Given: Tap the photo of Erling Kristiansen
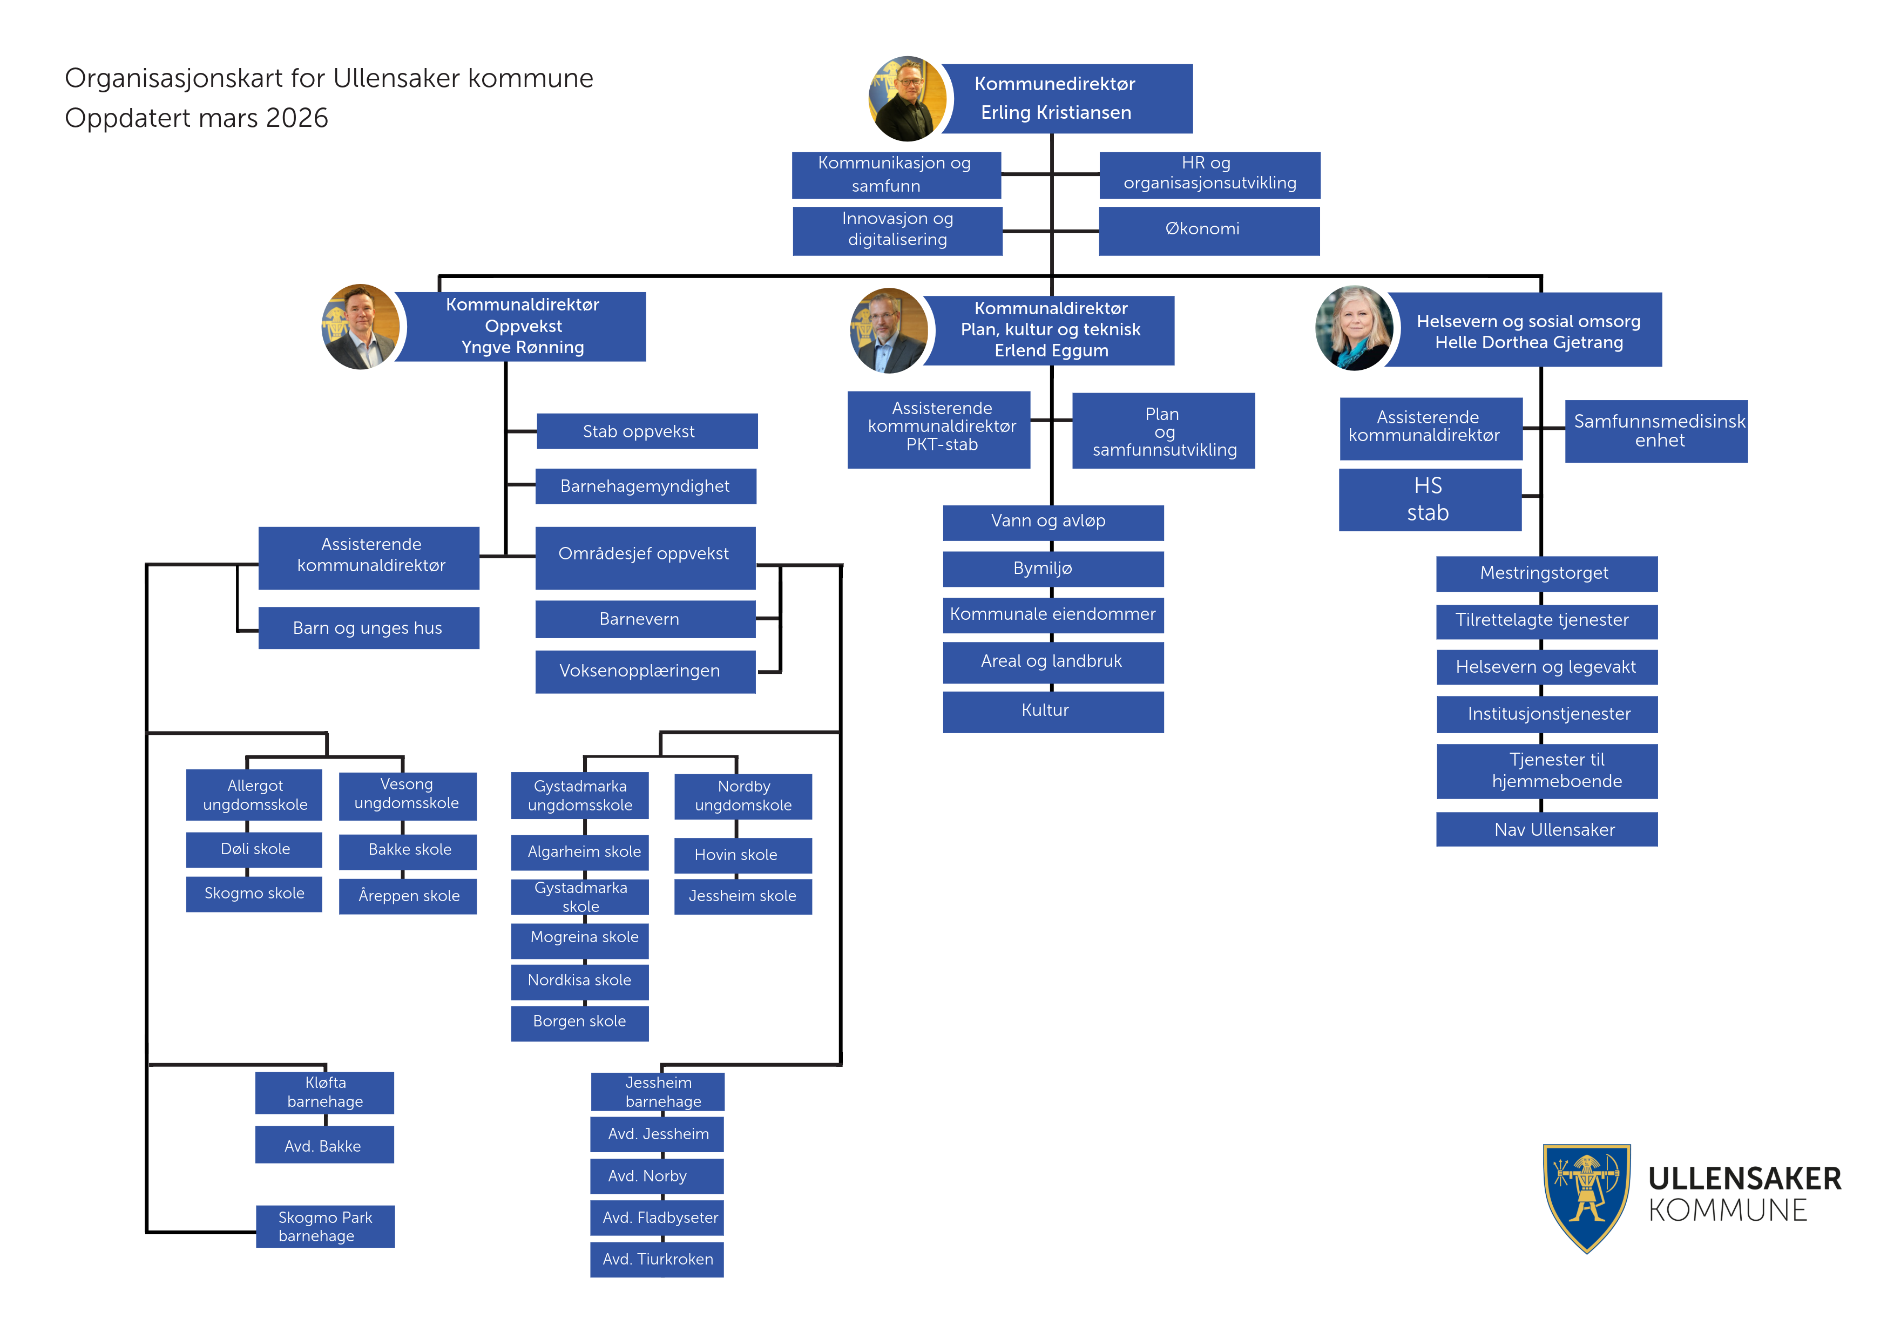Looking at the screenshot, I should (x=908, y=98).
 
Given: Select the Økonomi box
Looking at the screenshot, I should (x=1208, y=229).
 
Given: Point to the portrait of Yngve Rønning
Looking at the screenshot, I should (x=361, y=327).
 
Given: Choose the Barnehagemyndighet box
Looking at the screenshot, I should (x=645, y=487).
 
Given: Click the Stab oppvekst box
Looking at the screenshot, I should (x=647, y=431).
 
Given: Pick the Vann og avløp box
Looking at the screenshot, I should (x=1053, y=522).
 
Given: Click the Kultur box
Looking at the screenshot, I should (x=1053, y=711).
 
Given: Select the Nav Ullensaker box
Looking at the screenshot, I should (x=1547, y=829).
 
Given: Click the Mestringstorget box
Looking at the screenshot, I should (x=1547, y=573).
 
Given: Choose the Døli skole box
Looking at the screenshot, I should (x=254, y=850).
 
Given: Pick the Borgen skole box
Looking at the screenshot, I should (x=579, y=1022).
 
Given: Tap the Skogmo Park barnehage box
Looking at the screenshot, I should (x=325, y=1226).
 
